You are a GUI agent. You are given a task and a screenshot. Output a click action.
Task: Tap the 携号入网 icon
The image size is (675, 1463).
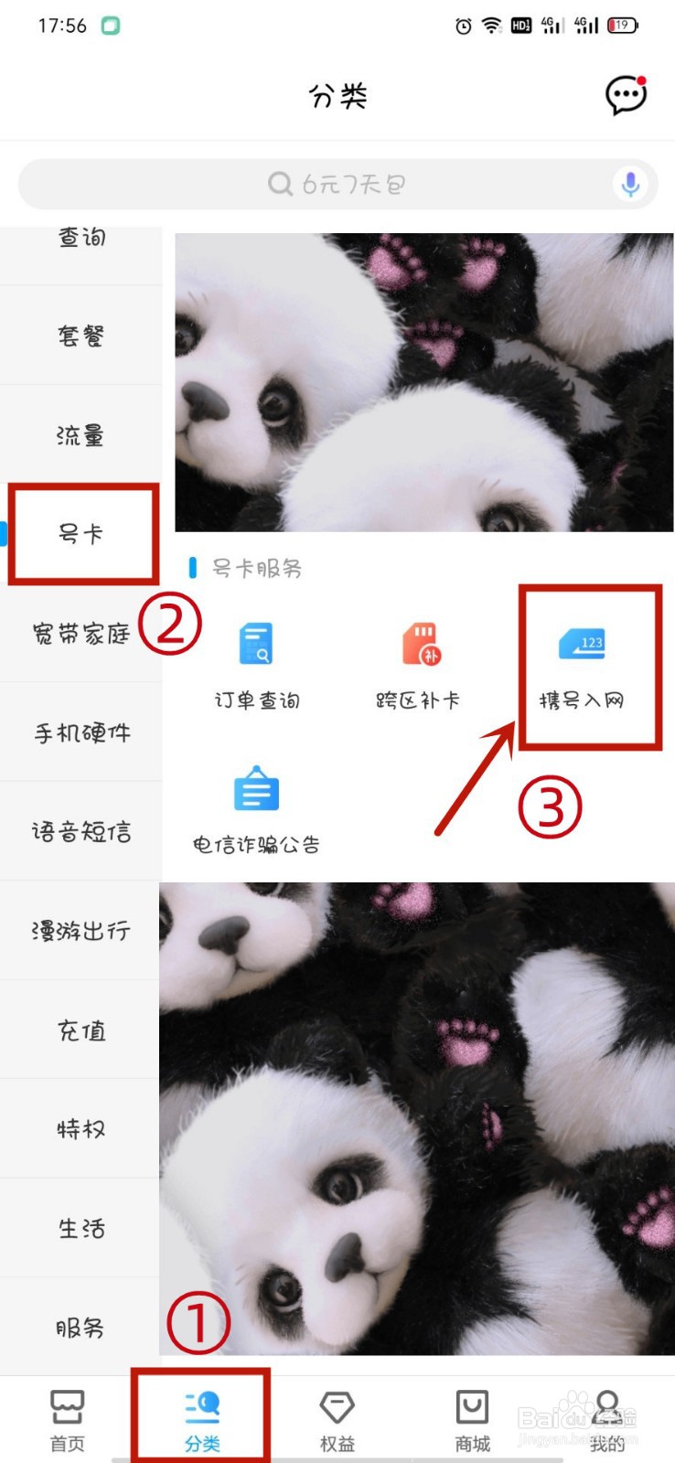click(582, 645)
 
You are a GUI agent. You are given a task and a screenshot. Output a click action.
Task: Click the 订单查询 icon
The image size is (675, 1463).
click(256, 644)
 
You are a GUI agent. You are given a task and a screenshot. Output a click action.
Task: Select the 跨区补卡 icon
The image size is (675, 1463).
click(420, 644)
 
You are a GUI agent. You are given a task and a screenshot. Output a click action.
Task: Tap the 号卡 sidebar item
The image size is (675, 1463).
click(80, 534)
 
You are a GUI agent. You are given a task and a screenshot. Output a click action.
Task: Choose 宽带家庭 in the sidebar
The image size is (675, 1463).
click(80, 634)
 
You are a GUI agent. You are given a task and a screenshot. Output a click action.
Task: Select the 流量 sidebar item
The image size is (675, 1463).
click(80, 435)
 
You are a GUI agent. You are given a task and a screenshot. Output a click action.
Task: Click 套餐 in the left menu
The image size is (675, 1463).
click(80, 336)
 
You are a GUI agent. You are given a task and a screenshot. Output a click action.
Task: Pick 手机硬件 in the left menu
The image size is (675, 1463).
click(80, 732)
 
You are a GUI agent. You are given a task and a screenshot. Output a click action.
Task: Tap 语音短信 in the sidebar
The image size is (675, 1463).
click(80, 832)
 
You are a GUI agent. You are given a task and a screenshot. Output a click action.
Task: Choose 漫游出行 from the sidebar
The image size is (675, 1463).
click(80, 931)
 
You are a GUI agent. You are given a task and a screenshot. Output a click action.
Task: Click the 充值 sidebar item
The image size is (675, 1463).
click(80, 1031)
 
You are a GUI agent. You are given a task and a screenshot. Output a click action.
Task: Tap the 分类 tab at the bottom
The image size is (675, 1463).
click(202, 1419)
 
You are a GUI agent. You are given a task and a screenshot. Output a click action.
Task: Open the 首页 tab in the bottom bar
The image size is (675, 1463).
click(67, 1419)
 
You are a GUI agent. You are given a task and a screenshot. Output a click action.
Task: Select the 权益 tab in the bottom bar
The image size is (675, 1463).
click(337, 1419)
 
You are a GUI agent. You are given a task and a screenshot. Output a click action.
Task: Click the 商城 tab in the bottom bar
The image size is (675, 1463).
click(472, 1419)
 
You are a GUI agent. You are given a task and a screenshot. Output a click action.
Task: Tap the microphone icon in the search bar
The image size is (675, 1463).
click(630, 184)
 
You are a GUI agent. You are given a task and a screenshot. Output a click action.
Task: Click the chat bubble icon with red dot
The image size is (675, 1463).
click(627, 95)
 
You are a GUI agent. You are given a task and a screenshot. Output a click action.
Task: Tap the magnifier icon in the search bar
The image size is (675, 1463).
click(280, 184)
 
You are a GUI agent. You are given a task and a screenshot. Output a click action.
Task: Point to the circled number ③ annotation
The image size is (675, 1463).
click(550, 806)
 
